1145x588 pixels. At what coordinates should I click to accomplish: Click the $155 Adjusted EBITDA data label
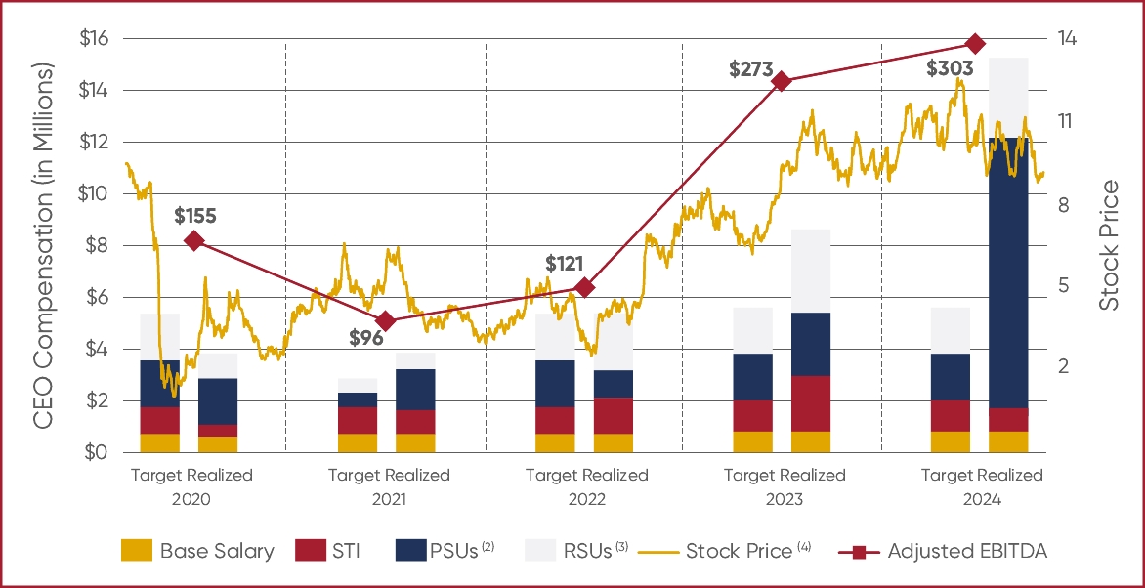[x=195, y=216]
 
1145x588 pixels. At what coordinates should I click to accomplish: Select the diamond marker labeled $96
[x=386, y=321]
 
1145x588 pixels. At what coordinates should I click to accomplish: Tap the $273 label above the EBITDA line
[x=751, y=70]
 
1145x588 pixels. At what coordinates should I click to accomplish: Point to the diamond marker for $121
[x=584, y=287]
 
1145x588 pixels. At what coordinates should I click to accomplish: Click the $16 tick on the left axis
[x=96, y=39]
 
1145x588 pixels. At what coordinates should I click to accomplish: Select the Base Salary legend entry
[x=217, y=551]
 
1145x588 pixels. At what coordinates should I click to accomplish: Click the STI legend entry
[x=346, y=551]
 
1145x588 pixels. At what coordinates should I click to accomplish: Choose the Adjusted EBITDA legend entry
[x=967, y=551]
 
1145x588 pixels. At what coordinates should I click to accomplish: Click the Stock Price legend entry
[x=739, y=551]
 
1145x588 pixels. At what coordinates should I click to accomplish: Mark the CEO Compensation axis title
[x=42, y=246]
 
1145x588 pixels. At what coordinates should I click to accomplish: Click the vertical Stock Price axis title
[x=1110, y=246]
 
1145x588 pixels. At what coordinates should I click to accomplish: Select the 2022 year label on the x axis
[x=585, y=498]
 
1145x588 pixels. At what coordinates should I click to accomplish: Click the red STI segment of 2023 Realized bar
[x=811, y=403]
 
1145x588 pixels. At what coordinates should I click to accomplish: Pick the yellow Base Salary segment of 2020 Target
[x=159, y=443]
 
